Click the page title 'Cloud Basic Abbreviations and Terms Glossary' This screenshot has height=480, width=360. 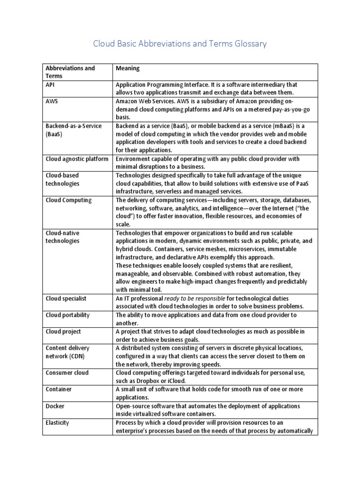point(180,44)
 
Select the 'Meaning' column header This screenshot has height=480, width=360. point(127,68)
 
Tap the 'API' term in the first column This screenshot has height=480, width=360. point(51,85)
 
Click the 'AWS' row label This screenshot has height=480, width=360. point(52,101)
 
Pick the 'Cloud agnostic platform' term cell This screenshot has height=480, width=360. point(77,159)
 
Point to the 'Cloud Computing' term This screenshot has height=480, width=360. point(68,200)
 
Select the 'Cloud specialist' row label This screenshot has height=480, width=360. point(66,299)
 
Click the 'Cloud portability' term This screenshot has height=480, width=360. point(67,315)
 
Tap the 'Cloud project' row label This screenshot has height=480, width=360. point(63,331)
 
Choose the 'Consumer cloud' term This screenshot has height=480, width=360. point(67,373)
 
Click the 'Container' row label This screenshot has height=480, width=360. point(58,389)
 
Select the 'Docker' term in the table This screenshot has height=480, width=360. point(55,406)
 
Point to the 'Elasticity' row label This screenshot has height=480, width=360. point(57,422)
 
